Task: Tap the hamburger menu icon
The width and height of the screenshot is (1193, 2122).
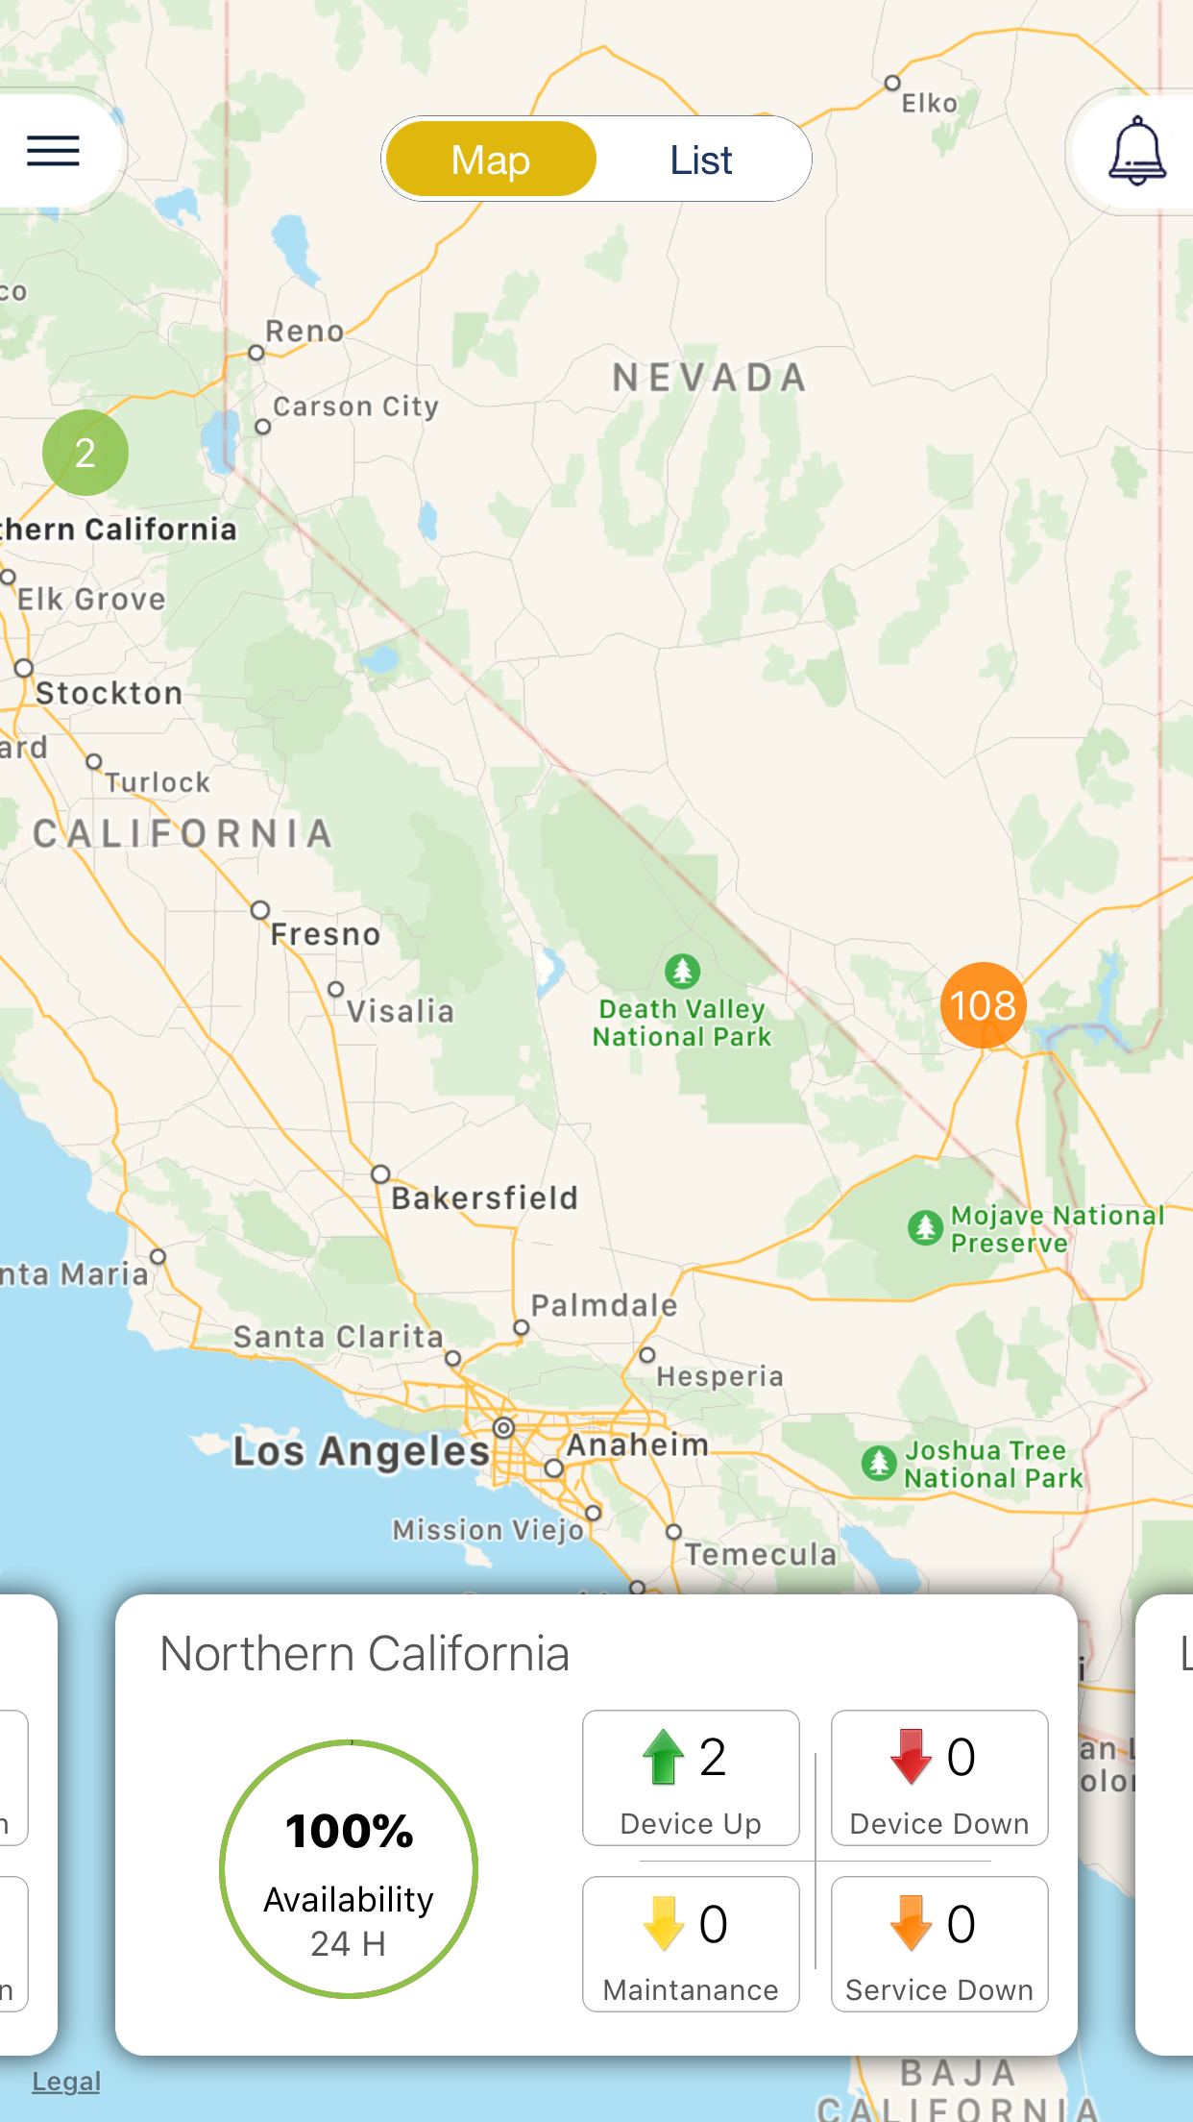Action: tap(53, 151)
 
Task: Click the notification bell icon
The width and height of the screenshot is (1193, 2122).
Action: tap(1137, 152)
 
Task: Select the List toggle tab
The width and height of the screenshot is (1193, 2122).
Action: tap(701, 160)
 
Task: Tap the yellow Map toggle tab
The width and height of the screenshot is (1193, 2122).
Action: tap(491, 160)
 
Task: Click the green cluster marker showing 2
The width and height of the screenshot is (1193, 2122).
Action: tap(85, 453)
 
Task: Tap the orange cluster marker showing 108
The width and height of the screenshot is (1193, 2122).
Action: tap(983, 1005)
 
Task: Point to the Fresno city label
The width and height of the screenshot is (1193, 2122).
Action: tap(325, 934)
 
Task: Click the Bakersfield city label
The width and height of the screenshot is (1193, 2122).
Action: tap(484, 1198)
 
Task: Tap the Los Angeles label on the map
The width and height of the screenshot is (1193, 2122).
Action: tap(361, 1451)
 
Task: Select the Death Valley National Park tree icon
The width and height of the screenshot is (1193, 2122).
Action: tap(682, 971)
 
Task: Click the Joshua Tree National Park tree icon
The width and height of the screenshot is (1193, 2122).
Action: tap(878, 1464)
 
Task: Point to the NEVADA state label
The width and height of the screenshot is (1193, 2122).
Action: tap(709, 378)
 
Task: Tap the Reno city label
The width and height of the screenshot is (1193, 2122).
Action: tap(304, 332)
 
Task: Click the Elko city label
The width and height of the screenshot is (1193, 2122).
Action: tap(929, 104)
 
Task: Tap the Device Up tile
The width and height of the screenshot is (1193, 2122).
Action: tap(691, 1778)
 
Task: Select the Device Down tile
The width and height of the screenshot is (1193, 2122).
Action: tap(938, 1778)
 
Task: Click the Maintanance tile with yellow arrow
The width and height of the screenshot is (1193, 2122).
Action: tap(691, 1943)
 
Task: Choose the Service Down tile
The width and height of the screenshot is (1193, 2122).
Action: tap(938, 1943)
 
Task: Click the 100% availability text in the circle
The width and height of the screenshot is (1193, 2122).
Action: tap(350, 1831)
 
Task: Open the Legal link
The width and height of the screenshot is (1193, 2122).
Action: tap(66, 2082)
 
